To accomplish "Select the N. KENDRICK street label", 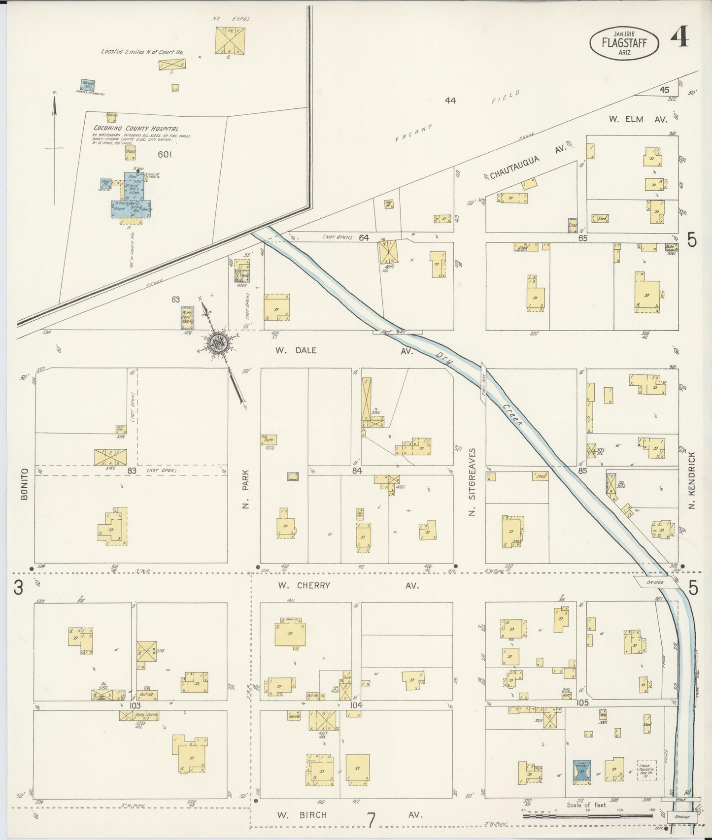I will point(692,481).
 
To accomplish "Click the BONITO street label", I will point(25,484).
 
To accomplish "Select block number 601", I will point(165,154).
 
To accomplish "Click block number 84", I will point(357,471).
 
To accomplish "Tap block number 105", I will point(582,702).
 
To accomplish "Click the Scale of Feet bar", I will point(589,816).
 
